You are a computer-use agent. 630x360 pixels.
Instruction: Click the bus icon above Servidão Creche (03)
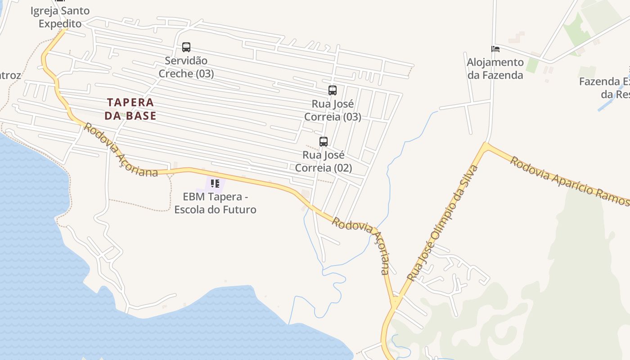click(x=186, y=47)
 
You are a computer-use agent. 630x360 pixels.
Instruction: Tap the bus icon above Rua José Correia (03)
click(x=332, y=90)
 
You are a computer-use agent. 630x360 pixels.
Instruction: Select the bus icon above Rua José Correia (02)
click(x=323, y=142)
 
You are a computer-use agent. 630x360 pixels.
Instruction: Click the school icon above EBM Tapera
click(x=215, y=184)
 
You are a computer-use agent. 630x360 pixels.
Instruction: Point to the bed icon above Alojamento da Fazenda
click(x=495, y=49)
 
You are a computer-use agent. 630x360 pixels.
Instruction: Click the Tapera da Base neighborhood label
click(x=130, y=109)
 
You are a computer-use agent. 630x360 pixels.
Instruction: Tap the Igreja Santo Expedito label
click(x=60, y=17)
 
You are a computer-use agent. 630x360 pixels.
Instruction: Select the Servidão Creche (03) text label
click(x=186, y=67)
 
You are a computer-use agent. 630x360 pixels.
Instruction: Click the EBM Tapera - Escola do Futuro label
click(x=215, y=203)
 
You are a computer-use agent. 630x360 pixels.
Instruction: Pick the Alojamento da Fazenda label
click(x=495, y=68)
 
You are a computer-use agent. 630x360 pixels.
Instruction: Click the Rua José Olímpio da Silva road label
click(x=442, y=223)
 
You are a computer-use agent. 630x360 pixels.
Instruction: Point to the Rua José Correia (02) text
click(x=323, y=162)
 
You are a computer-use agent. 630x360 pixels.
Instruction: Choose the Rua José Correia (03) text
click(x=332, y=110)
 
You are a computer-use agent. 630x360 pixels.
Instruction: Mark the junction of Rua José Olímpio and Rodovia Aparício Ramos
click(x=485, y=145)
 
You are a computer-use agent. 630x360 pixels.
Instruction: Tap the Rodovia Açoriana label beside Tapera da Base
click(x=121, y=151)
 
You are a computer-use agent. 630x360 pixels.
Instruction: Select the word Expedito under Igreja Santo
click(x=60, y=23)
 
